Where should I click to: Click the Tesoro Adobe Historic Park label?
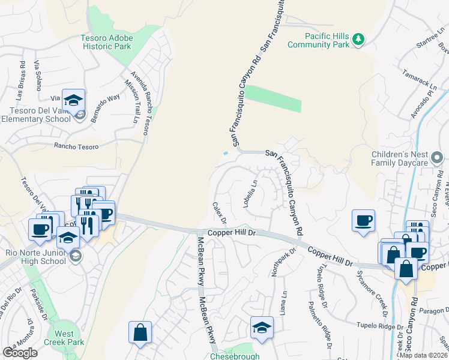[107, 43]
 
